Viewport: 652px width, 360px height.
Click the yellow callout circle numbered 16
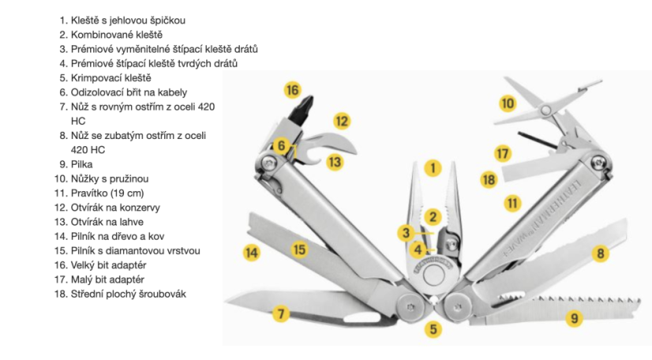tap(292, 90)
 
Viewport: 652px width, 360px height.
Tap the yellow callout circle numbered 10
tap(508, 103)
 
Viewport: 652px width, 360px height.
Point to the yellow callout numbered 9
tap(574, 319)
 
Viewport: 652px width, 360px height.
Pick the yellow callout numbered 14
tap(252, 253)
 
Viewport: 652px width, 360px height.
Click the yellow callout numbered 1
tap(432, 167)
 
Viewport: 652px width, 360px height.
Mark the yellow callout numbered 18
tap(489, 179)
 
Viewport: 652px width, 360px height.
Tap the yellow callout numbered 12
tap(340, 122)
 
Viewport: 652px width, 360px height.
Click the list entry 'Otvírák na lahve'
tap(115, 222)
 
